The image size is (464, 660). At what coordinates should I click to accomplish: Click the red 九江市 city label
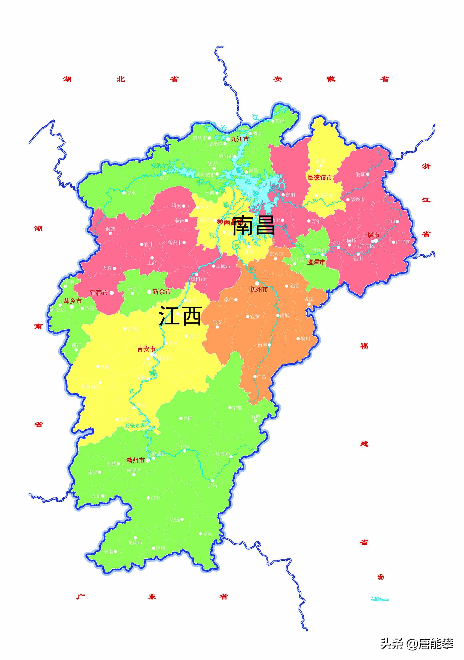239,139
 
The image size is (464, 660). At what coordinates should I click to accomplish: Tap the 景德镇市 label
320,178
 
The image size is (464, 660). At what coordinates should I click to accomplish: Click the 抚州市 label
259,290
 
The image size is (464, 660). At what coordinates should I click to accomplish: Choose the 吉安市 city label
146,349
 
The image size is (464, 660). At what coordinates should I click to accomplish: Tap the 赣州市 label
136,460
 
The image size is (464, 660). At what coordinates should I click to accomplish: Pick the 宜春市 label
99,293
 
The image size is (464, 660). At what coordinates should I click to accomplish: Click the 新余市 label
162,291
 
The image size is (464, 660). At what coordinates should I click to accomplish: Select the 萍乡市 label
73,301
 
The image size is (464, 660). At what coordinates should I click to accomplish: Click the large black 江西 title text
180,316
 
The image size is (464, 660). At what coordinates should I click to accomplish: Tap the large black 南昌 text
253,225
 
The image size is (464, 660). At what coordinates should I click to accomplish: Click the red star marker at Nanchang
220,221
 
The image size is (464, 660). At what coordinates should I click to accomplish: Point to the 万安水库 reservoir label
135,425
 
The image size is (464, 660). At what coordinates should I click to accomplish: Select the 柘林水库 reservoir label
161,166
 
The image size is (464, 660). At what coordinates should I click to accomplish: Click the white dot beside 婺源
368,174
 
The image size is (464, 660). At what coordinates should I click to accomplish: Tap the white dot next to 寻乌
201,534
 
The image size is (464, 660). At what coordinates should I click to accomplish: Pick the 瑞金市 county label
223,454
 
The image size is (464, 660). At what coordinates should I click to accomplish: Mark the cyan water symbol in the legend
380,599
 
